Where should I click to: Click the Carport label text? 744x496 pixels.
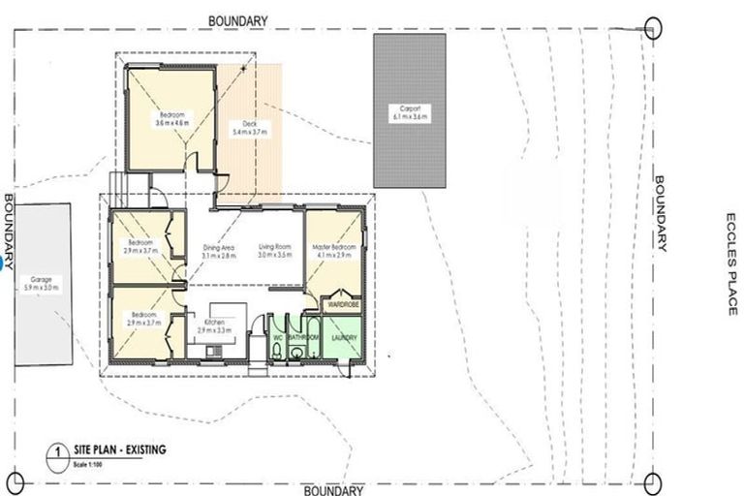[410, 111]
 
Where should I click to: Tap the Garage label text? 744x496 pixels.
[42, 284]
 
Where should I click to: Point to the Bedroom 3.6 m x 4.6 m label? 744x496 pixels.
[170, 119]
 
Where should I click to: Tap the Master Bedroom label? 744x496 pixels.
[334, 251]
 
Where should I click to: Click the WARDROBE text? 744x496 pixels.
[344, 302]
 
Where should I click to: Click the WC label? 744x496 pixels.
[278, 338]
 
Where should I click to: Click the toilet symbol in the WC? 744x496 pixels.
[278, 353]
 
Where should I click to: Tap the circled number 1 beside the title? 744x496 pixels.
[59, 450]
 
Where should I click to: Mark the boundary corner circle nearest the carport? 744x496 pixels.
[653, 26]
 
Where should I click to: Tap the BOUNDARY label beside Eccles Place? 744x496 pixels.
[662, 213]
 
